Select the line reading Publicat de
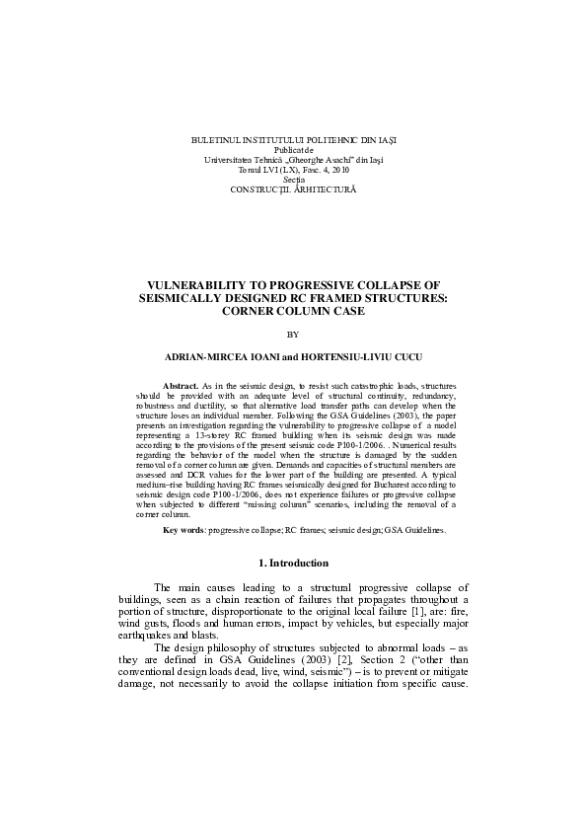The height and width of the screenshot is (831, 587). (x=293, y=150)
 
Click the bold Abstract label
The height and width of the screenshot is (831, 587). (x=180, y=384)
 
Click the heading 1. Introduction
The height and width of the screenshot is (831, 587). (x=293, y=565)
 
